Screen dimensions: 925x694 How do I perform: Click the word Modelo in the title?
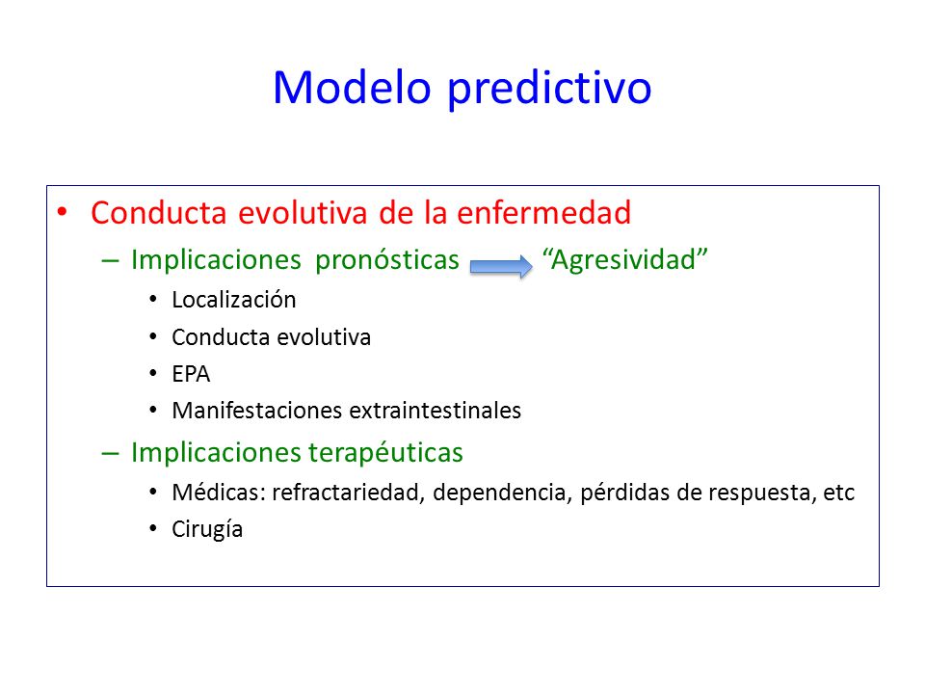coord(352,88)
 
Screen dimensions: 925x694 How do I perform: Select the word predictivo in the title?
coord(549,89)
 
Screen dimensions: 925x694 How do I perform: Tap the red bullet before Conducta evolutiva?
coord(62,212)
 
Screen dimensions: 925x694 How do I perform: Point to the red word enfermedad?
coord(543,212)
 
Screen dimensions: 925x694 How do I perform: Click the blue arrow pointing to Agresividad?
coord(501,266)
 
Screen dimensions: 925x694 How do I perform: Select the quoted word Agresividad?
coord(625,260)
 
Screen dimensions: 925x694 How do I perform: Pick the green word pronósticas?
coord(387,260)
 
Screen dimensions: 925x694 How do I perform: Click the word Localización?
coord(233,300)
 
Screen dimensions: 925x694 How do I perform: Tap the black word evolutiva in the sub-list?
coord(324,337)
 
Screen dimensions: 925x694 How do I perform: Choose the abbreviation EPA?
coord(191,374)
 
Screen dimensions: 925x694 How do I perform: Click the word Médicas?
coord(219,493)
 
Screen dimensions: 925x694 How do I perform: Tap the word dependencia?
coord(503,494)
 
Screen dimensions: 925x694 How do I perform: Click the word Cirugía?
coord(207,529)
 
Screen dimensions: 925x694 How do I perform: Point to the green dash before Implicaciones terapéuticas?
coord(110,454)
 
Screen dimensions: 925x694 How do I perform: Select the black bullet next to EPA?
coord(153,374)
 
